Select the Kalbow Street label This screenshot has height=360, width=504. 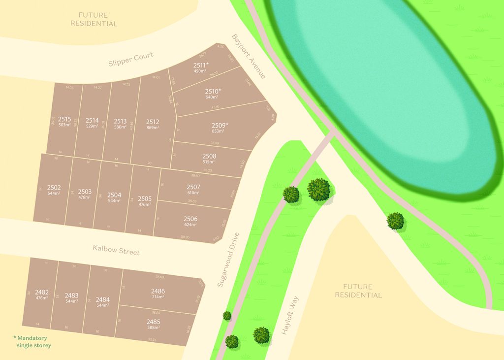[116, 250]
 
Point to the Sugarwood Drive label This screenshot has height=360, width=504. [228, 260]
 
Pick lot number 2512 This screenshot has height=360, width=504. [153, 122]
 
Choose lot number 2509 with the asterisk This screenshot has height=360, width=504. [220, 125]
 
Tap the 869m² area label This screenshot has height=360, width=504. [153, 128]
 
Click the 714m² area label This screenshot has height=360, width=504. [158, 297]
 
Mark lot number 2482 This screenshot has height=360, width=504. [42, 292]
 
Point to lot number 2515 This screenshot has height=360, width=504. [64, 119]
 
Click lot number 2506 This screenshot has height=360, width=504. [190, 219]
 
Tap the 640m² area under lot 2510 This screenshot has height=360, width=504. [211, 97]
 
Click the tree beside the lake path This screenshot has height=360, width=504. [395, 221]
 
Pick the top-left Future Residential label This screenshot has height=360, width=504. [94, 19]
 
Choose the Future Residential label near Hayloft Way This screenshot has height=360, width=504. [358, 291]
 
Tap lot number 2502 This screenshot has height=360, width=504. [54, 188]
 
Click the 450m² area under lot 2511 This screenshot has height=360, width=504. [199, 71]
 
